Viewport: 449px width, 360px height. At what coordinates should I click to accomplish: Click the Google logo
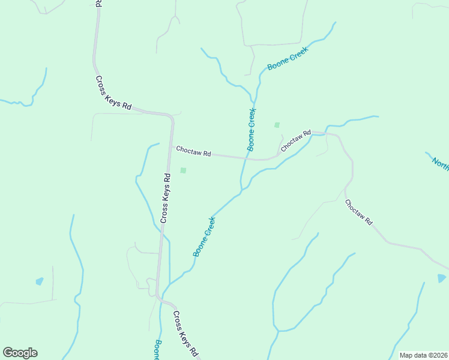tap(20, 353)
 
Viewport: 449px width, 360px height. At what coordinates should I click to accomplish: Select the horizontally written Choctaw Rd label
tap(193, 152)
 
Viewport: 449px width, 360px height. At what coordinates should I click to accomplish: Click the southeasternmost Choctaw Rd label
tap(359, 212)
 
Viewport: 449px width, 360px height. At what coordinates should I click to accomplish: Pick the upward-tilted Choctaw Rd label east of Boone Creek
tap(295, 140)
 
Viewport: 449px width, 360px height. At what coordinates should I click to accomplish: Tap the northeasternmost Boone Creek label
tap(288, 59)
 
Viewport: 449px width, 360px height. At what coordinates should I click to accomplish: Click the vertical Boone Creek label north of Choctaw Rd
tap(251, 129)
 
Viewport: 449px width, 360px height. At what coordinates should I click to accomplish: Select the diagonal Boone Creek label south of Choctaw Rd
tap(204, 236)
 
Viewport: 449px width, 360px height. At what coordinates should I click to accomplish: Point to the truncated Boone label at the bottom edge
tap(157, 350)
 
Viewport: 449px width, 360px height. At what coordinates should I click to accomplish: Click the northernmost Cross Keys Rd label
tap(113, 92)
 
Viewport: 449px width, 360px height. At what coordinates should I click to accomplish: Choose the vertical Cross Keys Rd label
tap(166, 199)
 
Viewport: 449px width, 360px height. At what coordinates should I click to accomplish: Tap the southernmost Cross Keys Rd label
tap(185, 334)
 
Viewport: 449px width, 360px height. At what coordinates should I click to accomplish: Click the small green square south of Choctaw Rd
tap(183, 170)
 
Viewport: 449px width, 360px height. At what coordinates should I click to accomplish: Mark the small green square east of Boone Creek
tap(277, 125)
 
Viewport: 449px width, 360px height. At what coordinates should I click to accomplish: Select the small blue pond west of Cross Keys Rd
tap(40, 281)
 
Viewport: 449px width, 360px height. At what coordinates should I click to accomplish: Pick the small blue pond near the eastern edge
tap(442, 278)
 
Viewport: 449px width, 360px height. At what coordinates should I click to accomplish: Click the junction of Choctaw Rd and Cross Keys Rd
tap(173, 146)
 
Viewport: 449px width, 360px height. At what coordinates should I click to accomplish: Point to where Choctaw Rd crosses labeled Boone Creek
tap(246, 158)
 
